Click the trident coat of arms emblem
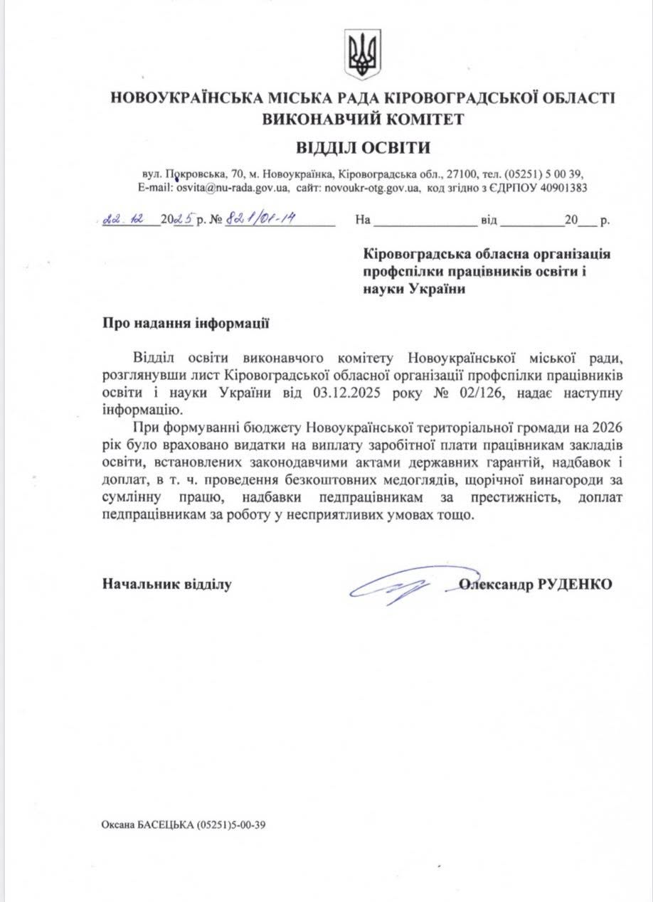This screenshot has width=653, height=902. [x=363, y=54]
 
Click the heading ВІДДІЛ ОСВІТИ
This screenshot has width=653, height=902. [x=363, y=148]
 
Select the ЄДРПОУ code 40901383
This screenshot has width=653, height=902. [x=560, y=189]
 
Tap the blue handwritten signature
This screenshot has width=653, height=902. [x=398, y=585]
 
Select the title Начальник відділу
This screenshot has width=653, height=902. [x=167, y=585]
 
